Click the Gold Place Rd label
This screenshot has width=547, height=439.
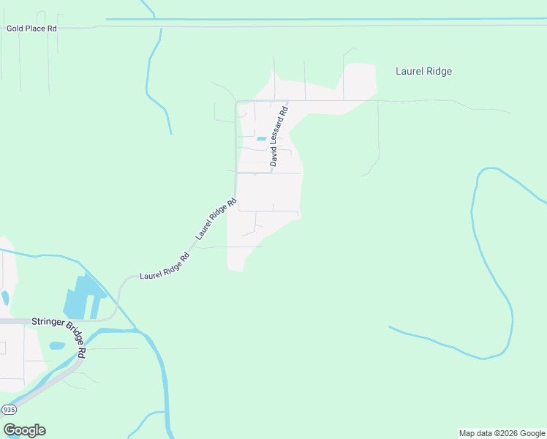pyautogui.click(x=31, y=29)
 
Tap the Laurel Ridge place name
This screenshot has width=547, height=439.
pyautogui.click(x=423, y=72)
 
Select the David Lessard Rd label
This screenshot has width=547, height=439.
pyautogui.click(x=279, y=137)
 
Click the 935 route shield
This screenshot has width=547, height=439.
pyautogui.click(x=9, y=409)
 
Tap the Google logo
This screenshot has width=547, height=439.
pyautogui.click(x=24, y=430)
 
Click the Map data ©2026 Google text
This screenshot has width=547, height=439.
pyautogui.click(x=502, y=433)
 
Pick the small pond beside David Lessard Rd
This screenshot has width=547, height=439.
pyautogui.click(x=261, y=138)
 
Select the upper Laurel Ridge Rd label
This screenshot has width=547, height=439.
pyautogui.click(x=216, y=219)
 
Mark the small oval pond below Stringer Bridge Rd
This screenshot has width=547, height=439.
pyautogui.click(x=57, y=345)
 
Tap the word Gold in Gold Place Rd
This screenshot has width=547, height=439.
pyautogui.click(x=15, y=29)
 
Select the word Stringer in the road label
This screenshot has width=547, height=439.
pyautogui.click(x=45, y=321)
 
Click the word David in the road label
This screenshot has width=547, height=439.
pyautogui.click(x=273, y=157)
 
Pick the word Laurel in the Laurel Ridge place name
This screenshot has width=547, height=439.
pyautogui.click(x=410, y=72)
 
